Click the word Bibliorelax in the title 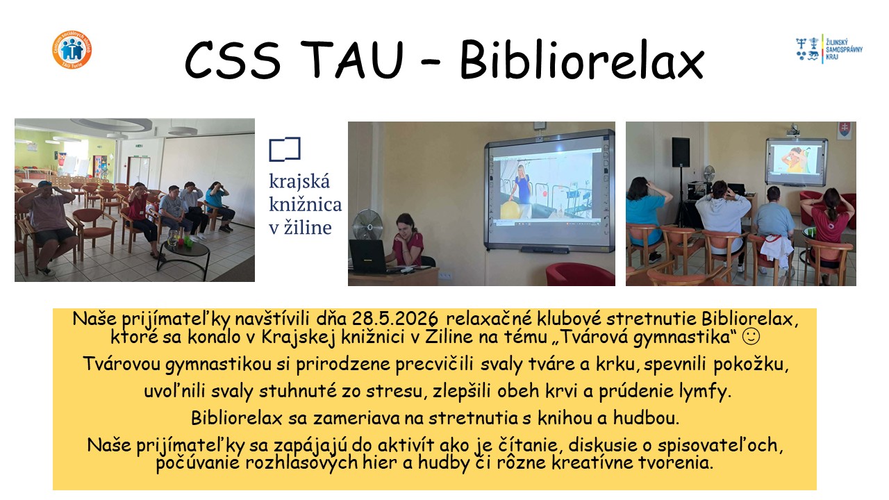582,60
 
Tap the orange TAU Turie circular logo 72,49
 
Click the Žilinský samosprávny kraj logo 829,49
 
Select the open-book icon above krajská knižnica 285,149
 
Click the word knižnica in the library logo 305,204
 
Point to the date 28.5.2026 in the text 395,319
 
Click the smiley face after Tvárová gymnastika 751,336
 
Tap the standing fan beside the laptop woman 368,226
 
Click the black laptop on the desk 368,257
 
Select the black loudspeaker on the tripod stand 680,152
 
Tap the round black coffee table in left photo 184,254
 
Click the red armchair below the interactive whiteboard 580,274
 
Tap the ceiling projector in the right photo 793,130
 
